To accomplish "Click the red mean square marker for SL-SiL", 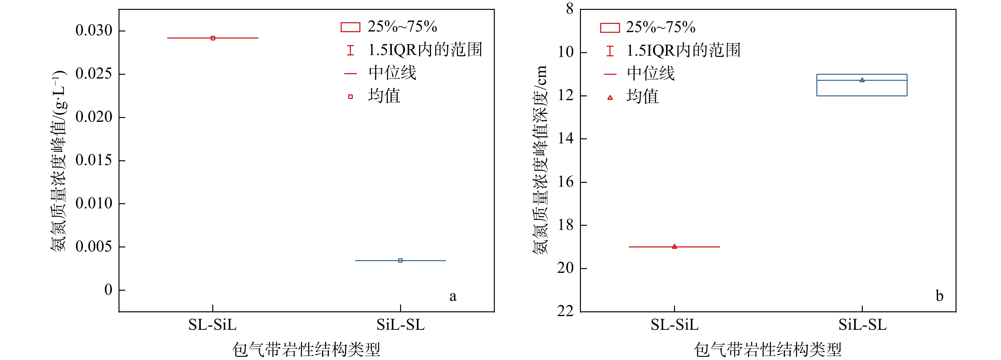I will [x=213, y=38].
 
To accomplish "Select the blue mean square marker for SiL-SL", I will [x=400, y=260].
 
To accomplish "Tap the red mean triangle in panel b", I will [x=674, y=246].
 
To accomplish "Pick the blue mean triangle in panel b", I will [x=862, y=80].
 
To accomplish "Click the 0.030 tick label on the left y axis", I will [x=94, y=30].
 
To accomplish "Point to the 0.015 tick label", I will [x=94, y=160].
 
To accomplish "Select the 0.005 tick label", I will [x=94, y=246].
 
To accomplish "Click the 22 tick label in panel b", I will [x=565, y=311].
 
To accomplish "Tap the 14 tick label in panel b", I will [x=565, y=138].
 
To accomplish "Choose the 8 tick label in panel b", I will [x=570, y=9].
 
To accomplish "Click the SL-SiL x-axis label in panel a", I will [x=213, y=325].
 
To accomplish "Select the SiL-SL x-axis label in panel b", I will [x=862, y=325].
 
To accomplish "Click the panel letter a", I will [x=453, y=296].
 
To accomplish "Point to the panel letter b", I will [x=939, y=296].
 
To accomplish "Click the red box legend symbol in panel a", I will [x=350, y=27].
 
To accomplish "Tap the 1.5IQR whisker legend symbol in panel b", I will [x=610, y=51].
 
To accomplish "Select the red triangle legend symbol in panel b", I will [x=610, y=98].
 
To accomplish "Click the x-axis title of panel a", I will [x=306, y=350].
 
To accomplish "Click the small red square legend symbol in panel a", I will [x=350, y=96].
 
